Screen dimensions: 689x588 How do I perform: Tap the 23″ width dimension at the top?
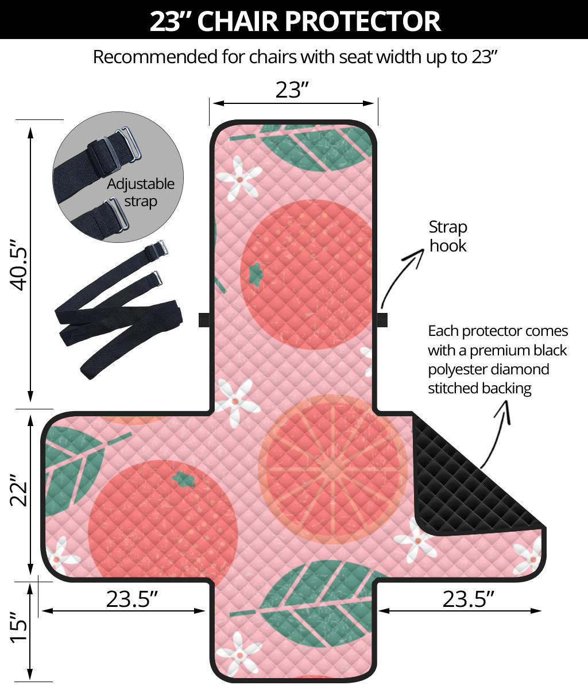pyautogui.click(x=292, y=89)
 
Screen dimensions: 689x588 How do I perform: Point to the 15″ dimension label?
pyautogui.click(x=20, y=632)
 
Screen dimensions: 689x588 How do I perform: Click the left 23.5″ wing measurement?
pyautogui.click(x=131, y=599)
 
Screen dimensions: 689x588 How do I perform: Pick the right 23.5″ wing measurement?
pyautogui.click(x=468, y=599)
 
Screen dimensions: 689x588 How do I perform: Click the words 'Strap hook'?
pyautogui.click(x=448, y=236)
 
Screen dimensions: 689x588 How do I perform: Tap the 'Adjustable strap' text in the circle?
pyautogui.click(x=141, y=192)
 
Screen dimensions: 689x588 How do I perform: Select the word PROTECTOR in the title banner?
pyautogui.click(x=363, y=20)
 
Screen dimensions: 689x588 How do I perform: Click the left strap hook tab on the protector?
pyautogui.click(x=204, y=320)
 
